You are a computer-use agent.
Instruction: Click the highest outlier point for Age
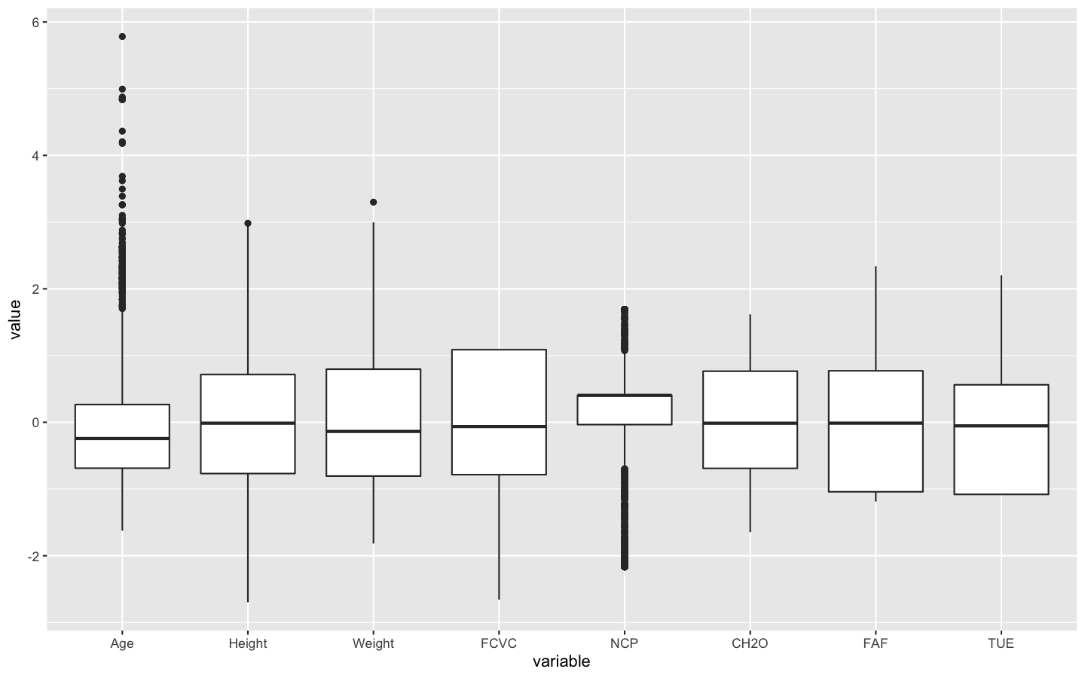point(122,36)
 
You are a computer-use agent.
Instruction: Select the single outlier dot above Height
point(248,223)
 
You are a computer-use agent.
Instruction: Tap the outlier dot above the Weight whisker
point(373,202)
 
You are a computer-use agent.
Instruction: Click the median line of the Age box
point(122,438)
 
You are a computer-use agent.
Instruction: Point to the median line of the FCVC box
point(499,426)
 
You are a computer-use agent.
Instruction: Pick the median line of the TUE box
point(1001,426)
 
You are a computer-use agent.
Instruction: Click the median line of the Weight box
point(373,431)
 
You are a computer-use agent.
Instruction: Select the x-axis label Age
point(122,643)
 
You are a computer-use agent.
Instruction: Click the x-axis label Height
point(248,643)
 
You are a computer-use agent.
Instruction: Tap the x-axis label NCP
point(625,643)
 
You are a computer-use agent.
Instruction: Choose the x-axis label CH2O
point(750,643)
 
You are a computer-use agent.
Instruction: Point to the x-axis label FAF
point(876,643)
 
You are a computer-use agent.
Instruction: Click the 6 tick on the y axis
point(35,23)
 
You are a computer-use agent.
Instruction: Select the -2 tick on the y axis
point(33,556)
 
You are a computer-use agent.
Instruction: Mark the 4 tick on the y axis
point(35,156)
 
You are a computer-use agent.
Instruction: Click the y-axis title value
point(15,320)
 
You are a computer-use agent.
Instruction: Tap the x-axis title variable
point(561,662)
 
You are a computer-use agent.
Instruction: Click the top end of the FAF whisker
point(876,267)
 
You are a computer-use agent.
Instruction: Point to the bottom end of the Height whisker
point(248,602)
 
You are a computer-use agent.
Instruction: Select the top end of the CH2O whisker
point(750,315)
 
